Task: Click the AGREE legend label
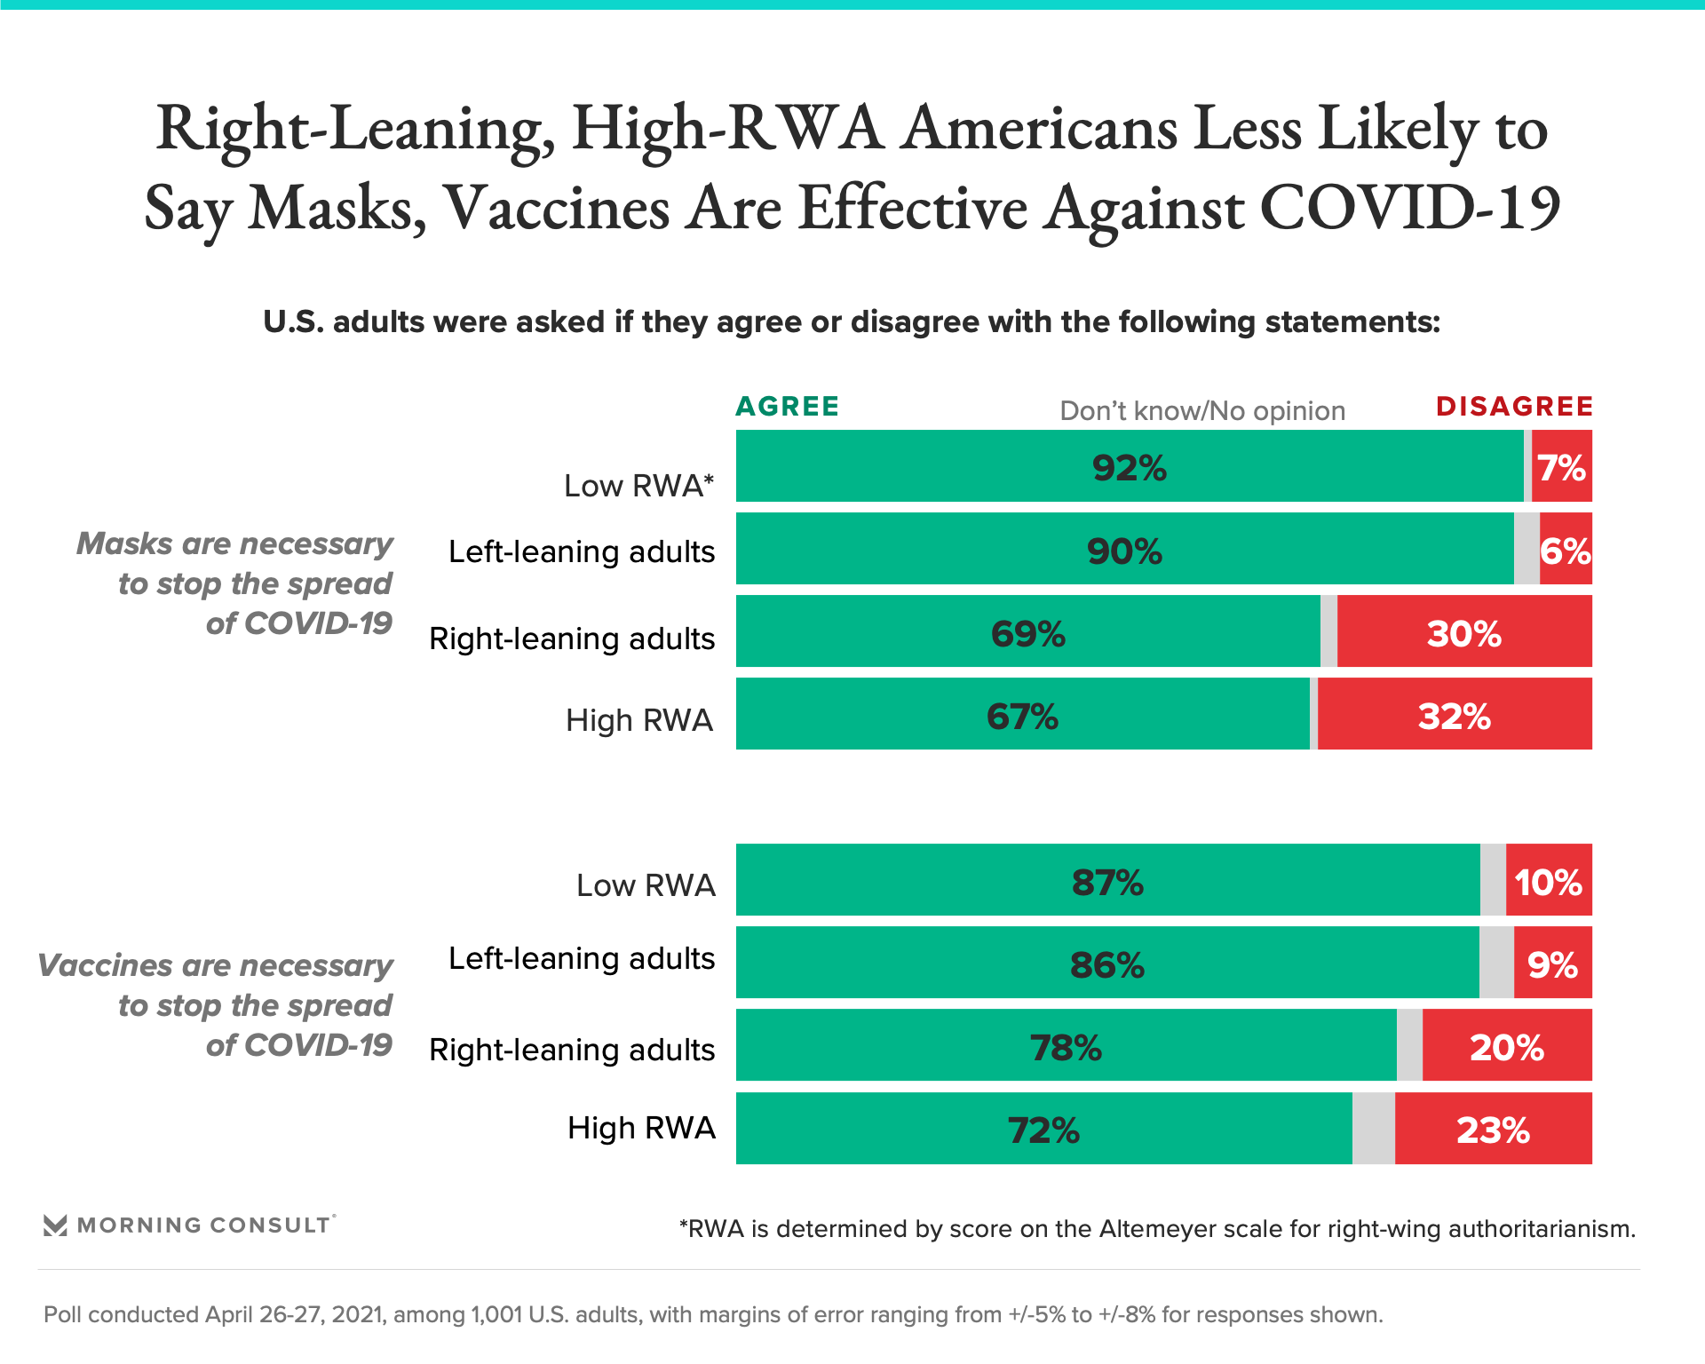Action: coord(787,407)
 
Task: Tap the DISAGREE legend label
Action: coord(1514,407)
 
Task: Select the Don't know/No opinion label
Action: coord(1202,411)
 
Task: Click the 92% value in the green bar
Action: coord(1129,467)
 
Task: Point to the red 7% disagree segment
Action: coord(1561,467)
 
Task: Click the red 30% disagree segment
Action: coord(1464,633)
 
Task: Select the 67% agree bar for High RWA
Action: coord(1022,716)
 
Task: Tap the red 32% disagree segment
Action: coord(1455,716)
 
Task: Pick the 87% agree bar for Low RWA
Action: coord(1107,882)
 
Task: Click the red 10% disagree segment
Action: coord(1549,882)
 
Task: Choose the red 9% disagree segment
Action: coord(1552,964)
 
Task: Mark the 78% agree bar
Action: coord(1066,1047)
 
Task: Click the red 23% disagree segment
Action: coord(1493,1130)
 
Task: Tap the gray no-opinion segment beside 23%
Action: coord(1373,1130)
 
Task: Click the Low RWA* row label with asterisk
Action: coord(638,486)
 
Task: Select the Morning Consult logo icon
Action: coord(55,1225)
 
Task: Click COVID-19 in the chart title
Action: coord(1409,208)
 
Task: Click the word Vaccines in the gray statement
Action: coord(106,965)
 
